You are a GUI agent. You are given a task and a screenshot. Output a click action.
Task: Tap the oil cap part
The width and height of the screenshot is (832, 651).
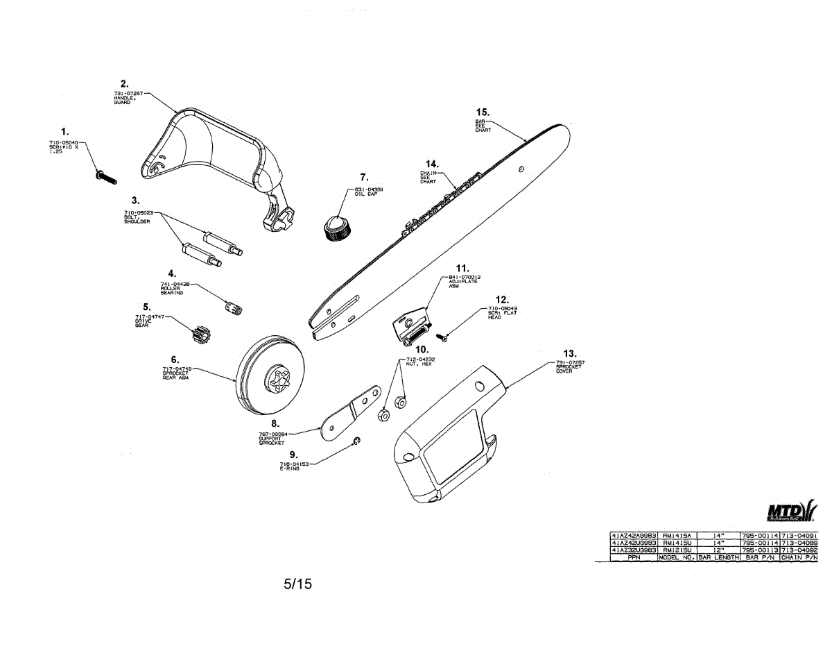pyautogui.click(x=337, y=228)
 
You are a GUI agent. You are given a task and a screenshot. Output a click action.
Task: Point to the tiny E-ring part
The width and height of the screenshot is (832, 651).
pyautogui.click(x=356, y=442)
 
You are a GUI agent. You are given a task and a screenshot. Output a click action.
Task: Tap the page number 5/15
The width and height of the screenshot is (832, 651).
pyautogui.click(x=298, y=584)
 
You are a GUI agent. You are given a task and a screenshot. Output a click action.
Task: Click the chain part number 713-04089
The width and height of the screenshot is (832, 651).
pyautogui.click(x=799, y=543)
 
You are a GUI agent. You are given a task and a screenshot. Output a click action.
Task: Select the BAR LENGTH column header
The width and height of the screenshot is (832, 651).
pyautogui.click(x=718, y=557)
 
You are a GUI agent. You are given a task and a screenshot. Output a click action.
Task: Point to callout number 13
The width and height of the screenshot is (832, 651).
pyautogui.click(x=570, y=353)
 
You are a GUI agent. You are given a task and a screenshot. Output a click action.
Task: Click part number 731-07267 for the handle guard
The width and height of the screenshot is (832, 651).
pyautogui.click(x=128, y=93)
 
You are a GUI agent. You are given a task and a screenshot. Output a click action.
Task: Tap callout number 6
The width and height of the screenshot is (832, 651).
pyautogui.click(x=175, y=359)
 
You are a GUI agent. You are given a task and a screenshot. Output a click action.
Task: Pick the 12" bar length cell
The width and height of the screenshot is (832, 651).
pyautogui.click(x=718, y=550)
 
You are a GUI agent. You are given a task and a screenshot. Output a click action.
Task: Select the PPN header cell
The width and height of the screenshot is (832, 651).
pyautogui.click(x=633, y=557)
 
